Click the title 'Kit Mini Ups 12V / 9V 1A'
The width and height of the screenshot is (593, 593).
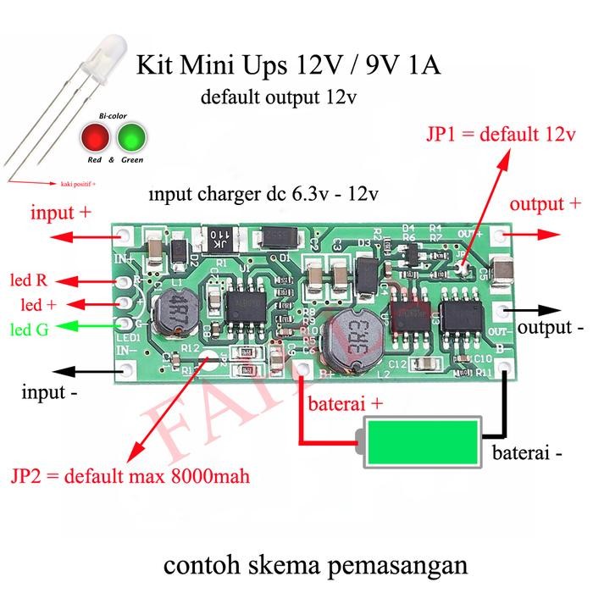point(289,65)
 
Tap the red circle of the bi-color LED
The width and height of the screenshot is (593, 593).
point(97,136)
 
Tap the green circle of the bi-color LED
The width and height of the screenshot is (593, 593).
point(132,136)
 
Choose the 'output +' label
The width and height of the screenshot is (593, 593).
point(546,204)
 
